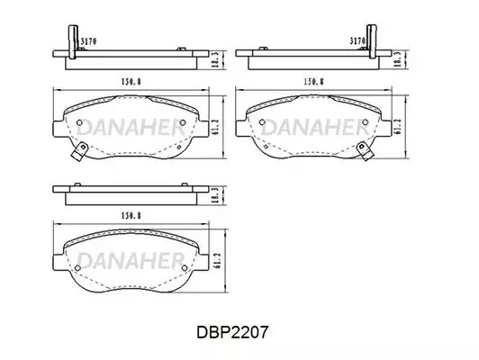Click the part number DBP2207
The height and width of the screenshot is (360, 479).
click(232, 332)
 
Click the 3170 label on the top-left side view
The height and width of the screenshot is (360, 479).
click(88, 41)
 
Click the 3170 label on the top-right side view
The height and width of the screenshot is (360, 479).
click(357, 40)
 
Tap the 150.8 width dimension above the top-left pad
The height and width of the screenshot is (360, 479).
click(131, 82)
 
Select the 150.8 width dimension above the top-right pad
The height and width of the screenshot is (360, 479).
click(313, 82)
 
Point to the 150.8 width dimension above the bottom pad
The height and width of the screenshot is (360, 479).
click(131, 216)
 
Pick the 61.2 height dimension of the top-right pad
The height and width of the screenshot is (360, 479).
click(397, 126)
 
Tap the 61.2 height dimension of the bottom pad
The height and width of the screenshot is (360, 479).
click(217, 261)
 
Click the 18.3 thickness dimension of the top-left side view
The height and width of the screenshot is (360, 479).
click(215, 59)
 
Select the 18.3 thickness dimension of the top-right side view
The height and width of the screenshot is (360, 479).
click(397, 59)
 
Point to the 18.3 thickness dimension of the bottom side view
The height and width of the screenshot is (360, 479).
click(215, 195)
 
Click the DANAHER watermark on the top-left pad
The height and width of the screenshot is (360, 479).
click(131, 127)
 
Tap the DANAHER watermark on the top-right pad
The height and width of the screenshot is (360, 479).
click(314, 127)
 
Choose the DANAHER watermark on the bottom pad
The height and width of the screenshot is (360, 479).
click(131, 261)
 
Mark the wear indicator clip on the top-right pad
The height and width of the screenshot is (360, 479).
click(365, 151)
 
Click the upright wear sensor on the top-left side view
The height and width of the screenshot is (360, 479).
click(73, 41)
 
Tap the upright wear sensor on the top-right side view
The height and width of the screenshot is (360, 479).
click(373, 41)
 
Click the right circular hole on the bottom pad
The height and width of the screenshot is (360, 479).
click(185, 268)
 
